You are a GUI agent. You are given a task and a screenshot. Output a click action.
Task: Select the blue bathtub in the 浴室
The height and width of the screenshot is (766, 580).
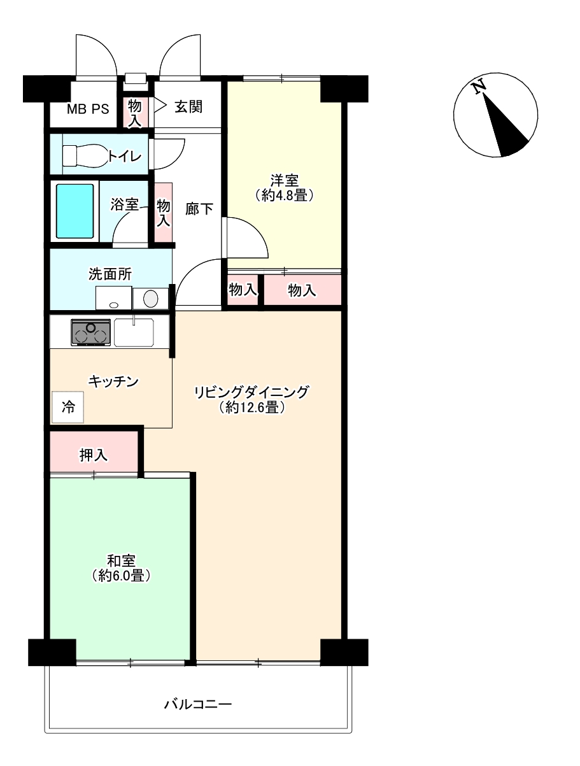click(x=75, y=211)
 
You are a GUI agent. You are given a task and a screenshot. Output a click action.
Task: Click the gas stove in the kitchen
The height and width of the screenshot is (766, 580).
click(x=90, y=332)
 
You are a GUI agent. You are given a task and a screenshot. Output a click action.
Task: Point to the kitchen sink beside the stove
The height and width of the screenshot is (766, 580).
click(x=134, y=332)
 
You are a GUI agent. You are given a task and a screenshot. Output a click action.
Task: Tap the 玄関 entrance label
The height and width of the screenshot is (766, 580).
click(x=188, y=107)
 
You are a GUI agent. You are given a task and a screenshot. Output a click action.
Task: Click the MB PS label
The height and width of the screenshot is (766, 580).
click(x=88, y=110)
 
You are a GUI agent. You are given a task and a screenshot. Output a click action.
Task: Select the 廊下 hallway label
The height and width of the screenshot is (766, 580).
click(x=199, y=209)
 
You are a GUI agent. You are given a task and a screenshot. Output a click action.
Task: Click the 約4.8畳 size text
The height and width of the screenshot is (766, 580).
click(x=284, y=195)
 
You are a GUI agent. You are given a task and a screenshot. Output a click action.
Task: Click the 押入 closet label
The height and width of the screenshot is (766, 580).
click(x=93, y=455)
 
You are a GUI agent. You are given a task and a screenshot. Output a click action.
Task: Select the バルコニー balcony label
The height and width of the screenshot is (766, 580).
click(x=198, y=704)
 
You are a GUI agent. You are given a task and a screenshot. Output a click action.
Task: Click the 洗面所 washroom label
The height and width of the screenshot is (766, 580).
click(x=110, y=274)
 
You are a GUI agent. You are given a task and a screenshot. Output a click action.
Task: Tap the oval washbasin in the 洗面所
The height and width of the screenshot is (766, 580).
click(x=151, y=299)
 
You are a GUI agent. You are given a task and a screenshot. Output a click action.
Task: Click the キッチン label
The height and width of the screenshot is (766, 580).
click(x=113, y=381)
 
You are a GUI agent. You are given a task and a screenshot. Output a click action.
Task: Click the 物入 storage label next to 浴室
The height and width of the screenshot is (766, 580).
click(x=163, y=213)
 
